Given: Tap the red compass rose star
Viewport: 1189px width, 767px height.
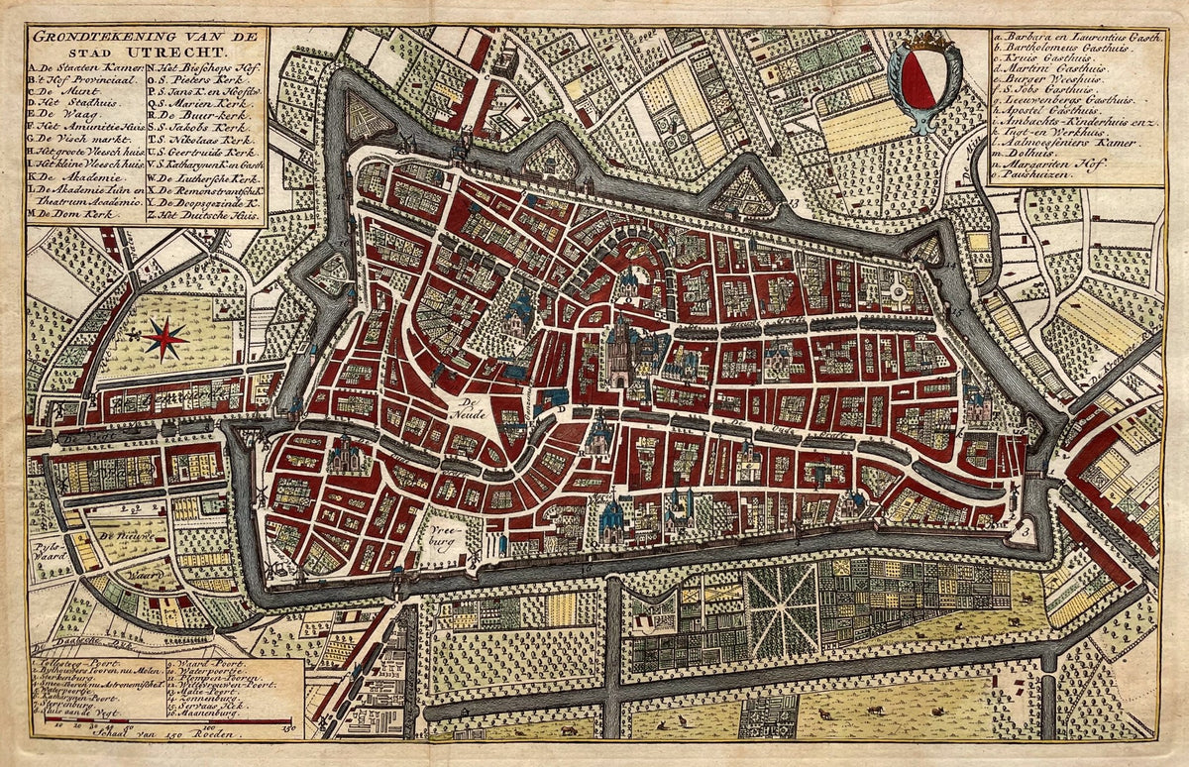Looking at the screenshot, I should pos(164,339).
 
